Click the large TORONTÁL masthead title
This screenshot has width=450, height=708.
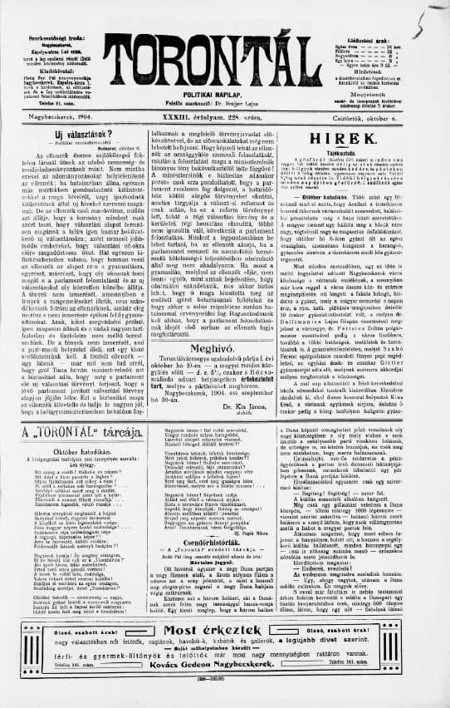tap(224, 61)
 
